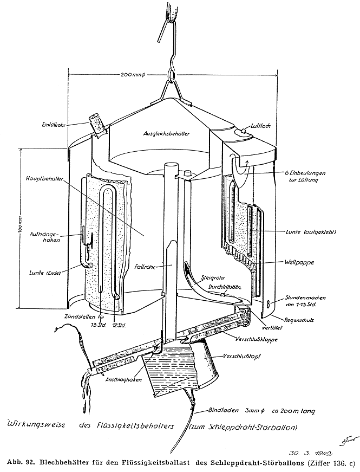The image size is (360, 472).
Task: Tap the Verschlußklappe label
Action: pyautogui.click(x=269, y=340)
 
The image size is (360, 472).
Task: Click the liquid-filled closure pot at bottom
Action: pyautogui.click(x=179, y=368)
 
